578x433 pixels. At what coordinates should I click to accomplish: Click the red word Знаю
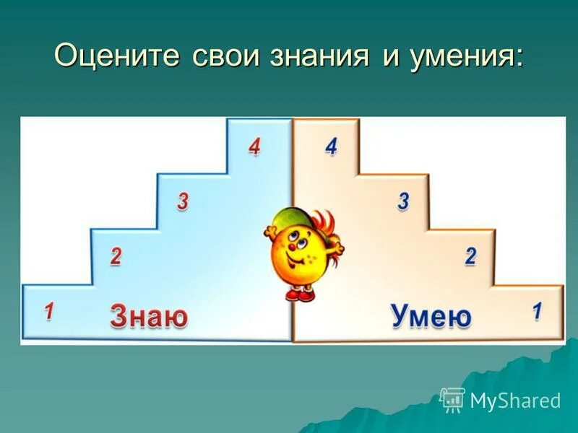(149, 316)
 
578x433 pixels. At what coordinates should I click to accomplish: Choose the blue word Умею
(431, 316)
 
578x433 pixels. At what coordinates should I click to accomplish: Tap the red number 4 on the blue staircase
(254, 146)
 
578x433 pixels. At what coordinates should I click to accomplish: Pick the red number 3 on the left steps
(183, 201)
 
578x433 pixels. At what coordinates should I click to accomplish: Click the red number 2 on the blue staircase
(115, 255)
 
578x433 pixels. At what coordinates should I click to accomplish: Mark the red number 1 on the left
(48, 312)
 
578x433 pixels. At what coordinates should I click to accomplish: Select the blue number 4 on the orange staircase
(331, 146)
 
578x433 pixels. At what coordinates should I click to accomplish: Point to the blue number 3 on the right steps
(403, 201)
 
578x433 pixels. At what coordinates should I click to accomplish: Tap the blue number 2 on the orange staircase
(471, 255)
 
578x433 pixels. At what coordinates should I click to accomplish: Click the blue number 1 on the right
(537, 312)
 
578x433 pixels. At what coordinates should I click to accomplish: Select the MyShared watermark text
(515, 401)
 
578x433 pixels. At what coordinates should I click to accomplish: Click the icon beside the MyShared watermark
(452, 399)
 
